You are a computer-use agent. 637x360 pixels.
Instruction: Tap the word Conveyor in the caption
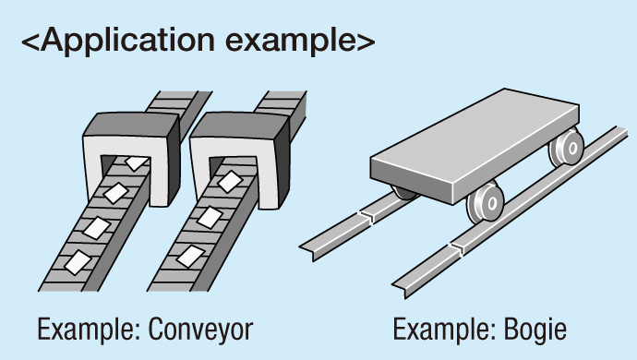point(200,330)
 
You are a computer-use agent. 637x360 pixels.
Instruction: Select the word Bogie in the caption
point(535,330)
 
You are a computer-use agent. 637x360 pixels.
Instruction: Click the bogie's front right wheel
point(486,202)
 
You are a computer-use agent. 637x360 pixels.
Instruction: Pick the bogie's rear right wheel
point(567,147)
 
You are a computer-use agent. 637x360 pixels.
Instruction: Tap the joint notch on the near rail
point(458,247)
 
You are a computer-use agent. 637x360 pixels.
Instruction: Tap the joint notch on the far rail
point(368,216)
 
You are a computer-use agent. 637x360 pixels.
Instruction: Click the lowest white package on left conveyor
point(78,262)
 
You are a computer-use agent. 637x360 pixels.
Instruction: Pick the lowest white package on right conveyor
point(190,256)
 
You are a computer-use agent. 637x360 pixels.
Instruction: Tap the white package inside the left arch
point(137,163)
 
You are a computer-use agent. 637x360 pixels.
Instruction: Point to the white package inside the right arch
point(230,181)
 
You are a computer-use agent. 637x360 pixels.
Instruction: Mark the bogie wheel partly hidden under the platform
point(403,194)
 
